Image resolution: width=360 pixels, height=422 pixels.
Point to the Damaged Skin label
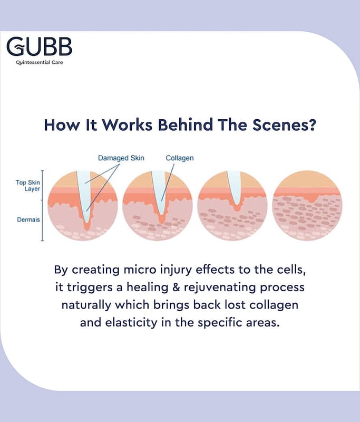click(121, 158)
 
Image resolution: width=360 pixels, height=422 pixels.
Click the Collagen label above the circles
click(179, 158)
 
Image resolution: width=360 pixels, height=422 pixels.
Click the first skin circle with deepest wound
click(82, 205)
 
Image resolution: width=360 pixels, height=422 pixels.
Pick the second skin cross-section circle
click(157, 205)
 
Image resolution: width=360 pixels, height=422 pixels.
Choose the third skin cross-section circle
click(232, 205)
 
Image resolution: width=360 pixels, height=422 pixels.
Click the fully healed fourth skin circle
click(307, 205)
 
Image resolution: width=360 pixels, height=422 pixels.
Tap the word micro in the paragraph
click(146, 270)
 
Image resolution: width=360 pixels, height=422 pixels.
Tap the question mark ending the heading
click(311, 126)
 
